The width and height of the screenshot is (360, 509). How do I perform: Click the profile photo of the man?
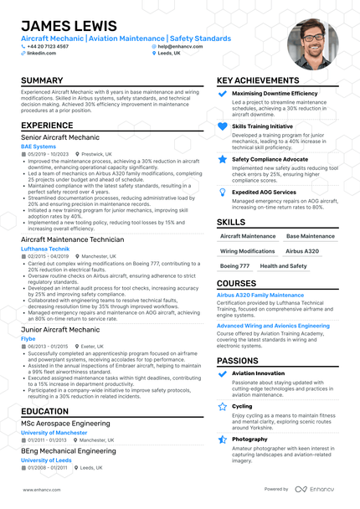click(x=312, y=44)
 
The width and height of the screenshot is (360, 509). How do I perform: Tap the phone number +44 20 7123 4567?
click(x=51, y=46)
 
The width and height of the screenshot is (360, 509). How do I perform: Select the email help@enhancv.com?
click(x=183, y=46)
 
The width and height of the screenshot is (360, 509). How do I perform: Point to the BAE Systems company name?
click(x=39, y=147)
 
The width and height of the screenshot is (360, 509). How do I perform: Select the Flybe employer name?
click(x=29, y=338)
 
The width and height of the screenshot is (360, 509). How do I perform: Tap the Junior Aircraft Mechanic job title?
click(x=59, y=330)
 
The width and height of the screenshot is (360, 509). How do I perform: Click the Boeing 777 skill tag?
click(x=235, y=265)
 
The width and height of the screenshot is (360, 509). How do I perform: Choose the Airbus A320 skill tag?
click(x=302, y=250)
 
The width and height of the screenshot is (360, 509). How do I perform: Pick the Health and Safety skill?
click(x=284, y=265)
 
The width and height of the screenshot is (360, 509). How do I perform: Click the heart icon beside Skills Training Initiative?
click(x=222, y=126)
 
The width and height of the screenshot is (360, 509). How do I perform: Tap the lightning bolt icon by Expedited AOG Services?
click(x=222, y=192)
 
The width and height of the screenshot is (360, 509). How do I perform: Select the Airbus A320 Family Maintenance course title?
click(x=260, y=295)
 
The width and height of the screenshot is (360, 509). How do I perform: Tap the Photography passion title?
click(x=249, y=439)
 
